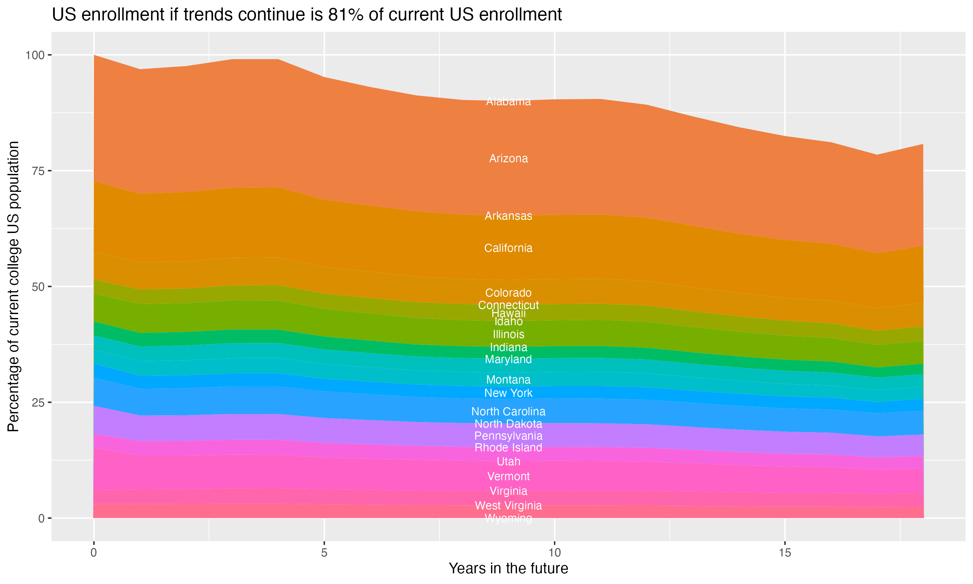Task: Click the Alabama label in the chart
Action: [x=508, y=102]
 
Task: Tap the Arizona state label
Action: [x=508, y=159]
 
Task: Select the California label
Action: [x=508, y=248]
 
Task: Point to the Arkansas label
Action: [x=508, y=216]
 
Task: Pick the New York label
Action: [x=508, y=393]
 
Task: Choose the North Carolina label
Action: [x=508, y=411]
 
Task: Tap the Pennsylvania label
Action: [x=508, y=436]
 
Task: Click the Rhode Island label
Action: [x=508, y=447]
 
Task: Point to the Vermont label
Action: [x=508, y=476]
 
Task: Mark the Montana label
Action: [x=508, y=379]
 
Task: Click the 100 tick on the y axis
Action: [x=35, y=55]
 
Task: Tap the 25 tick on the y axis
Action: [x=37, y=403]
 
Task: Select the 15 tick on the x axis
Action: [x=785, y=553]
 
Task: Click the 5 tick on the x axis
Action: [x=324, y=553]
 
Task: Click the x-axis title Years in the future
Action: [x=508, y=568]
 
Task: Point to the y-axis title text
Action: [x=13, y=286]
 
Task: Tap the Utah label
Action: [x=508, y=461]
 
